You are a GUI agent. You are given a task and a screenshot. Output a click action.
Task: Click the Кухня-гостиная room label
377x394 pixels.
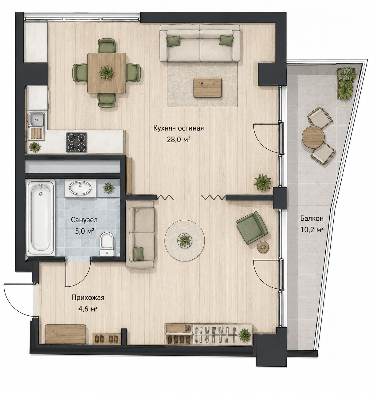[x=179, y=128]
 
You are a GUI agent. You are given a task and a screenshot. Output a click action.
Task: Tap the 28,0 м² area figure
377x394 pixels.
[x=179, y=140]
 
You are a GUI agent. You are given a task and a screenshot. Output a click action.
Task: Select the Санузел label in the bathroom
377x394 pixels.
[x=84, y=220]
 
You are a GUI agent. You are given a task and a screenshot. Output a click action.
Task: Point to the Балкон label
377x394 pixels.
[x=312, y=219]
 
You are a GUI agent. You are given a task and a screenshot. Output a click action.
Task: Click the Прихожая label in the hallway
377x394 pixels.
[x=88, y=297]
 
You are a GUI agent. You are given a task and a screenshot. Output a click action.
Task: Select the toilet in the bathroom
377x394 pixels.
[x=107, y=244]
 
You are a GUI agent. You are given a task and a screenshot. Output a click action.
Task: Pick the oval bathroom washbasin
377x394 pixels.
[x=80, y=188]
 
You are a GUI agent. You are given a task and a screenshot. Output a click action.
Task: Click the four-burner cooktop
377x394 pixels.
[x=77, y=142]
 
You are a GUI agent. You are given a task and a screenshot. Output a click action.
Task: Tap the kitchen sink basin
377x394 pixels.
[x=36, y=119]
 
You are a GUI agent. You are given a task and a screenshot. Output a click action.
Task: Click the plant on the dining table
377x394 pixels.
[x=106, y=72]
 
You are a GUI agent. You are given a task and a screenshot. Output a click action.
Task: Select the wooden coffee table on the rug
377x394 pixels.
[x=208, y=88]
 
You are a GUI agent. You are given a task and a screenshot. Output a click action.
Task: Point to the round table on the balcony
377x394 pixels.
[x=313, y=137]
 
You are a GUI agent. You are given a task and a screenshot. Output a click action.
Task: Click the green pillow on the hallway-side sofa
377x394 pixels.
[x=139, y=254]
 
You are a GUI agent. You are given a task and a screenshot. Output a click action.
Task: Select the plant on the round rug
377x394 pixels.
[x=184, y=240]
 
